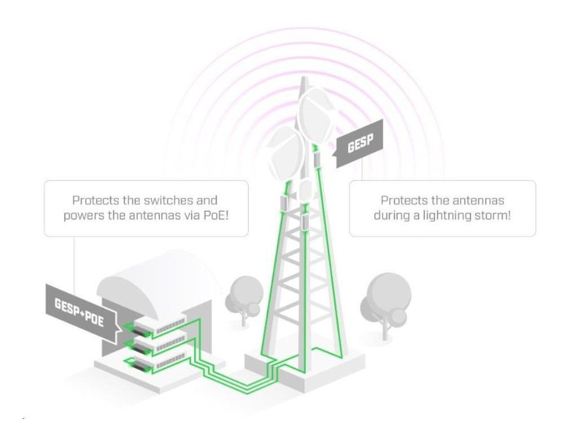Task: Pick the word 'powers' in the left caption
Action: click(x=83, y=215)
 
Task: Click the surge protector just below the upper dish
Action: click(x=317, y=160)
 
